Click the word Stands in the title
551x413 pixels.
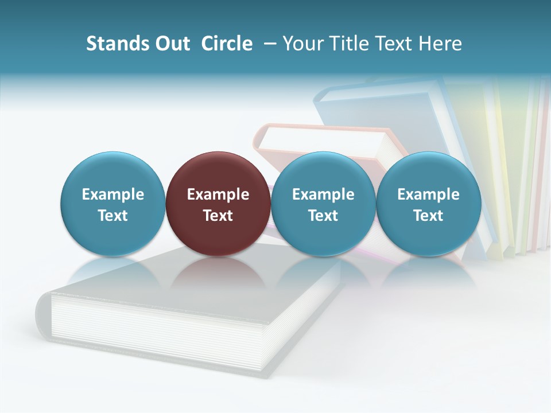(x=118, y=44)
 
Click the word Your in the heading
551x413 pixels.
(x=302, y=44)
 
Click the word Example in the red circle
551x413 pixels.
(x=218, y=194)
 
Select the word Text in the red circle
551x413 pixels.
(x=218, y=216)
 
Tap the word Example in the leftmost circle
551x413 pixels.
(x=112, y=194)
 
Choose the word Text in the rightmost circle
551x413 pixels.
(x=428, y=216)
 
